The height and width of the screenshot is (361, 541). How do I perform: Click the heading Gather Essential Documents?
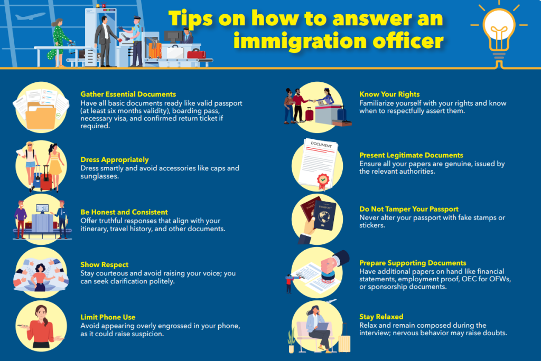click(128, 94)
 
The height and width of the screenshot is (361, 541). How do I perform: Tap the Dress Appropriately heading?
click(114, 159)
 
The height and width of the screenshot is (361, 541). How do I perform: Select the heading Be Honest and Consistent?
click(124, 212)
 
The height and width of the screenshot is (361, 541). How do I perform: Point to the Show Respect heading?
click(104, 264)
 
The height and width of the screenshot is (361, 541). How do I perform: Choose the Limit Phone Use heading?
click(108, 317)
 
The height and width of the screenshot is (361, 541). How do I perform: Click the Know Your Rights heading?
click(389, 94)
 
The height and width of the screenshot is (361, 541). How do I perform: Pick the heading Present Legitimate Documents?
click(411, 156)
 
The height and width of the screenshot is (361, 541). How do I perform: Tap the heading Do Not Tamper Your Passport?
click(408, 209)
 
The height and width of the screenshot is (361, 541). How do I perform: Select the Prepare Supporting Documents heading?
click(413, 263)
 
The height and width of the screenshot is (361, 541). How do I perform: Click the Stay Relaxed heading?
click(381, 317)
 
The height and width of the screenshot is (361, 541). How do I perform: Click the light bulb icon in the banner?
click(499, 30)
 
